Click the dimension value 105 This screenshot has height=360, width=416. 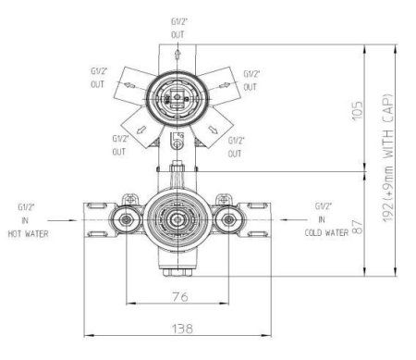pyautogui.click(x=355, y=111)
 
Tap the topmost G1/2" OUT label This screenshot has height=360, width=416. pyautogui.click(x=177, y=27)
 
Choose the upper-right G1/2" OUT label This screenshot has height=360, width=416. pyautogui.click(x=251, y=79)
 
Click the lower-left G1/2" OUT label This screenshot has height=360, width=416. pyautogui.click(x=118, y=145)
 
